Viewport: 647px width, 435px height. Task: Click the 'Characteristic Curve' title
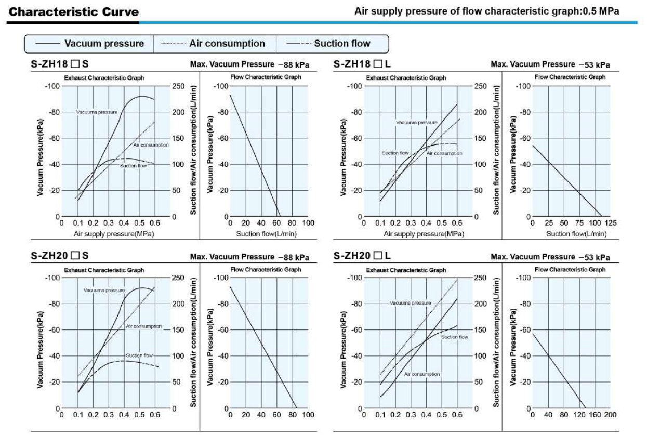(74, 11)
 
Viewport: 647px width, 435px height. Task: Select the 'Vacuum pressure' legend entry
(104, 43)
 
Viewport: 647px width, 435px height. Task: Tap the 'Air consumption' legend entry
(227, 43)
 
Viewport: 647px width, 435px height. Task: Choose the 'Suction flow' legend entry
(342, 43)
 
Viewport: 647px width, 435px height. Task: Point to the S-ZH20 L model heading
(363, 256)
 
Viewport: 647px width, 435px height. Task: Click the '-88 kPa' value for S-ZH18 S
(294, 65)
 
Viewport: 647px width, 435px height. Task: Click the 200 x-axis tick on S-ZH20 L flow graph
(610, 415)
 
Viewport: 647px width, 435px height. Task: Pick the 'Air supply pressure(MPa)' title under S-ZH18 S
(114, 234)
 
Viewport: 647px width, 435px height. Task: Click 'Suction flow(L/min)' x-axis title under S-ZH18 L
(576, 234)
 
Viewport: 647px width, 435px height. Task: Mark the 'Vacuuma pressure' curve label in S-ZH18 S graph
(97, 112)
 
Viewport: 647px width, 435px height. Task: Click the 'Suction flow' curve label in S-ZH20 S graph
(139, 355)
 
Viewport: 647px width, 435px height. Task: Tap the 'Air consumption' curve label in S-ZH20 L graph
(422, 374)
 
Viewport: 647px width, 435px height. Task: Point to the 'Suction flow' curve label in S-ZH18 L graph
(395, 153)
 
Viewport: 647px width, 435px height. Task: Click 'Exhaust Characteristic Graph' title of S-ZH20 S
(104, 270)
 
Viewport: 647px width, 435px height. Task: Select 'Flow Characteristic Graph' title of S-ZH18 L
(570, 77)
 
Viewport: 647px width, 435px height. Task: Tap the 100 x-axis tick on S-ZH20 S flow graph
(308, 415)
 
